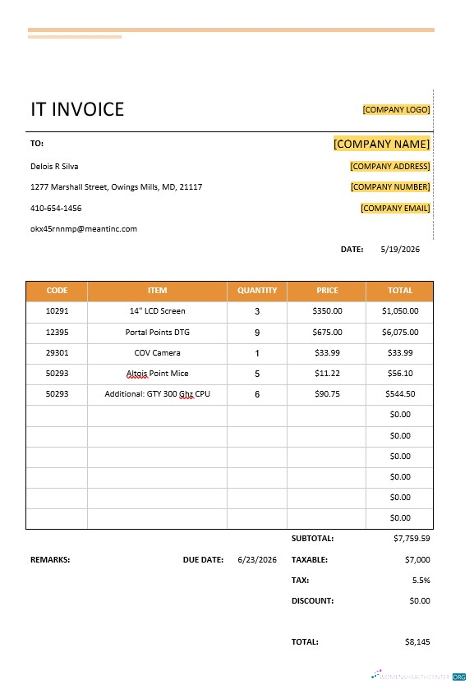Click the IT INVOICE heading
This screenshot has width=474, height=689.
(x=77, y=109)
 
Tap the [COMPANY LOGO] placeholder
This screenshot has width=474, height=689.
(x=396, y=109)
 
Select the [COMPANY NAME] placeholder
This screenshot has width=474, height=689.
(x=381, y=144)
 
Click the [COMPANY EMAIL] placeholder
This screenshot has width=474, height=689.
(x=395, y=208)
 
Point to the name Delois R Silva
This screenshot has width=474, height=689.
(x=54, y=166)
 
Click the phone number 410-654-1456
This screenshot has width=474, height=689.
(x=56, y=208)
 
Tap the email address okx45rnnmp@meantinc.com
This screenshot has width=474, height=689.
(x=84, y=229)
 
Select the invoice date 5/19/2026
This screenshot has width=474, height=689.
(x=400, y=249)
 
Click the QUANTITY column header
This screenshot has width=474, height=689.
(x=257, y=291)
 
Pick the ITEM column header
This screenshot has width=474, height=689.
(x=157, y=291)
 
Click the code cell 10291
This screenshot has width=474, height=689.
(x=57, y=311)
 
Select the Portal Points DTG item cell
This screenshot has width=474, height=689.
(x=157, y=333)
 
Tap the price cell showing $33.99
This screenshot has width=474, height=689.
(x=327, y=353)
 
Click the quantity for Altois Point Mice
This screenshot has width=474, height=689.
(x=257, y=374)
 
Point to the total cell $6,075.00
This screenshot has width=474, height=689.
(x=400, y=333)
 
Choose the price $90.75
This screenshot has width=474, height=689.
(x=327, y=394)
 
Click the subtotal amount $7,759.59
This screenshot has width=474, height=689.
(x=412, y=539)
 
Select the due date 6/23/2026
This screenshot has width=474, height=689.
(x=257, y=559)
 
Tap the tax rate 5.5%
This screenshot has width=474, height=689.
(x=421, y=580)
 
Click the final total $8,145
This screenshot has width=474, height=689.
(x=417, y=642)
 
